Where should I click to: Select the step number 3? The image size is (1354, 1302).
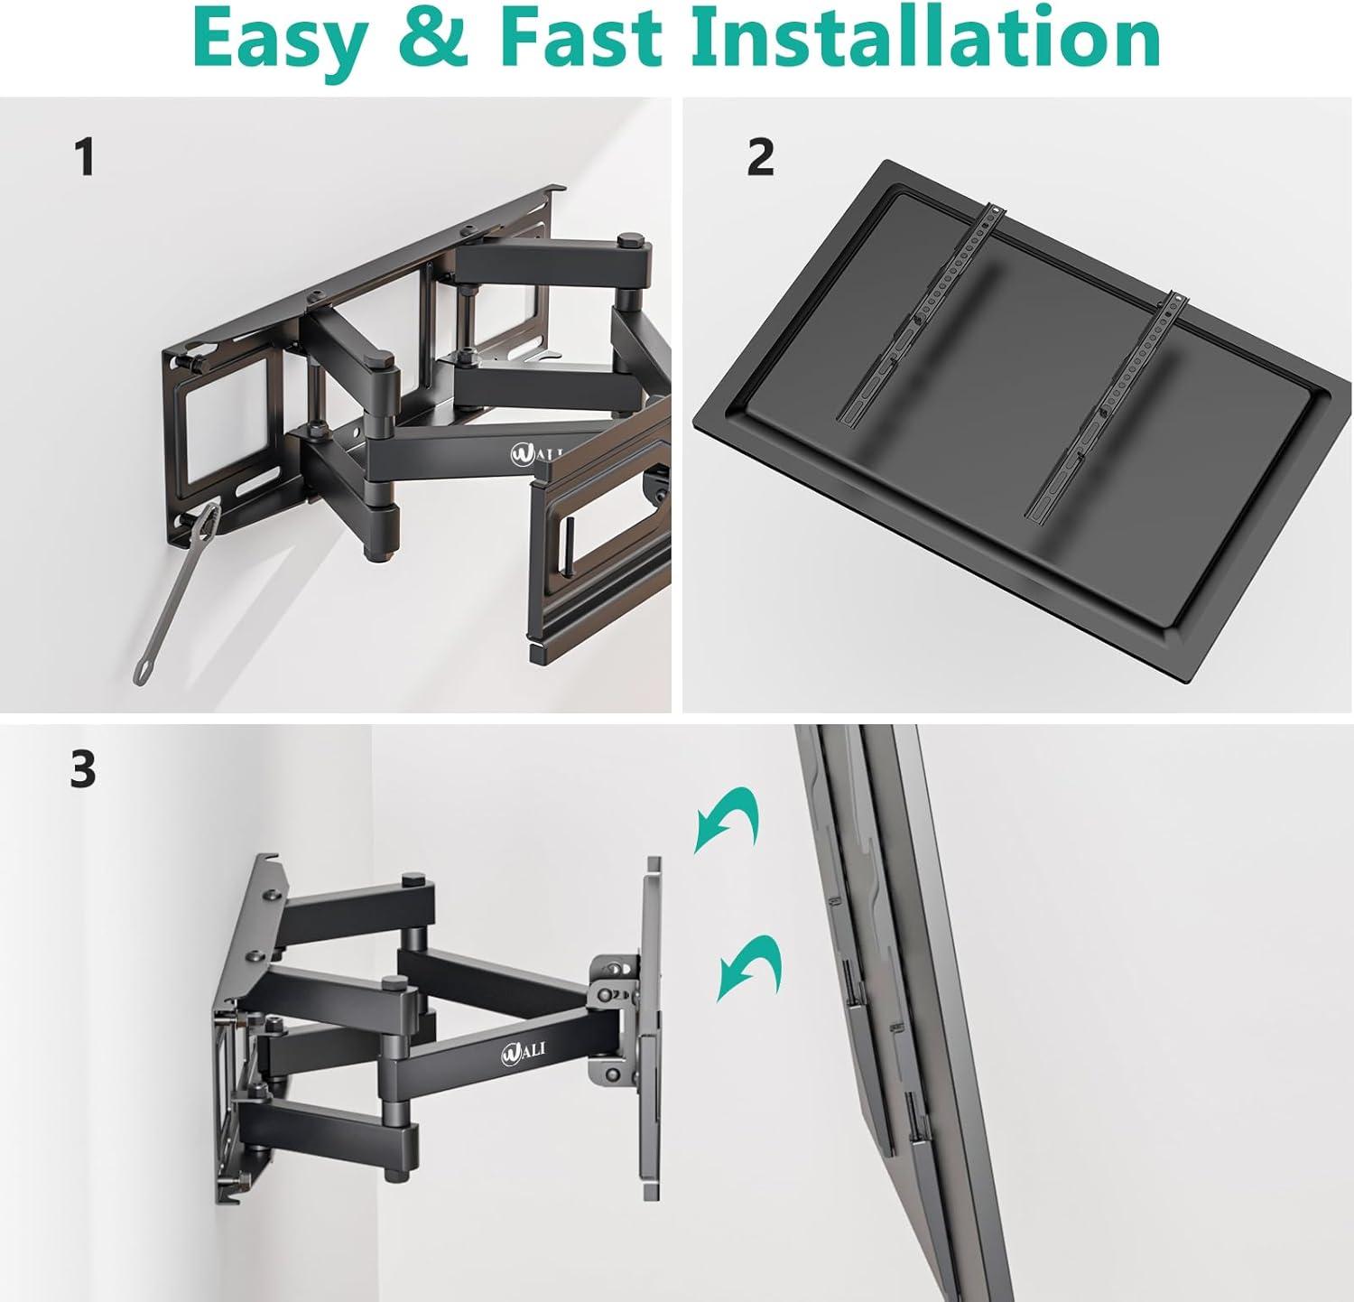coord(83,769)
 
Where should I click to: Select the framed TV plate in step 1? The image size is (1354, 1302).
coord(600,542)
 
